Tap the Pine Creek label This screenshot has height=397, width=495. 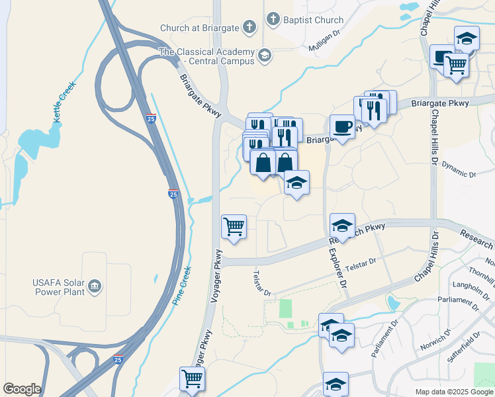tap(182, 286)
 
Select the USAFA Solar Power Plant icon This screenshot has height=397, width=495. tap(96, 285)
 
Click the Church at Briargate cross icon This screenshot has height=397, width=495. tap(249, 27)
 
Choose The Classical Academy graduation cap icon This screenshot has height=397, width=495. tap(265, 54)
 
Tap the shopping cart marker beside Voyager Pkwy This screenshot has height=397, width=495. tap(234, 226)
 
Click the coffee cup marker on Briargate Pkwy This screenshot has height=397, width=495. tap(342, 126)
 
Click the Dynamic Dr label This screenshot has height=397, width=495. tap(459, 170)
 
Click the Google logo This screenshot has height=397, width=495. tap(22, 389)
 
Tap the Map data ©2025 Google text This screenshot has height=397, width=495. tap(453, 392)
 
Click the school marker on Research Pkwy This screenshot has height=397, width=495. tap(342, 226)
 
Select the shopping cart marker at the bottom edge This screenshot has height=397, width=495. tap(192, 379)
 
